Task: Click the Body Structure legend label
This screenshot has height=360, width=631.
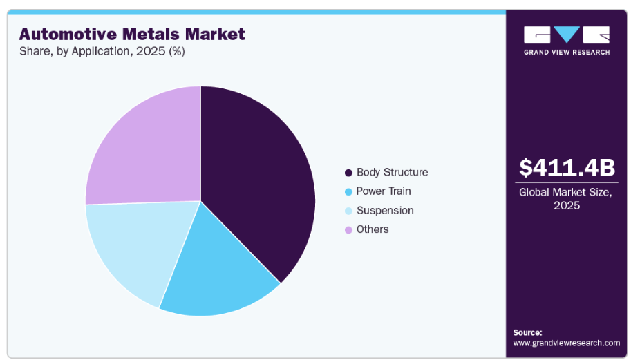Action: [392, 172]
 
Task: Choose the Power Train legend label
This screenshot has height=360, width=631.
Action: [383, 191]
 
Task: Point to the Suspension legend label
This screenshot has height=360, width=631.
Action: [384, 210]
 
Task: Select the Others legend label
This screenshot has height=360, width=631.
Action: [373, 229]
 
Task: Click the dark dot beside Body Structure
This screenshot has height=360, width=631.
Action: [348, 173]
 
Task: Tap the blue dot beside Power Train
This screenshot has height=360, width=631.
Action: [348, 191]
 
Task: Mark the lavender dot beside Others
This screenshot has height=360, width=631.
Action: [348, 229]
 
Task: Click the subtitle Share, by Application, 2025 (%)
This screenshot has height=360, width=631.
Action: [102, 51]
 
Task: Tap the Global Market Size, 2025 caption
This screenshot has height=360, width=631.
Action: [566, 199]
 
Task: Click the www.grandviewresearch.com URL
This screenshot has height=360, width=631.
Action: [566, 343]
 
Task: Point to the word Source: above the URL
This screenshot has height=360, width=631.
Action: [527, 332]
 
